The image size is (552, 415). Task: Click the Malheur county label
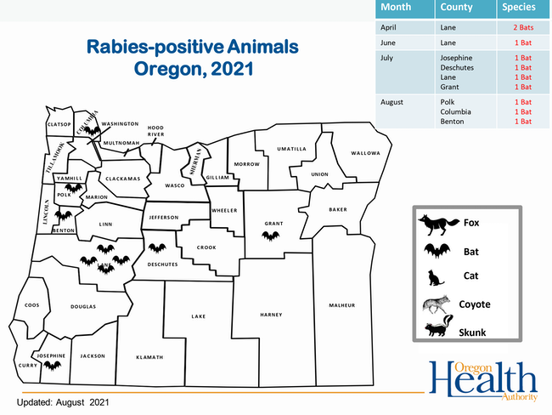click(342, 305)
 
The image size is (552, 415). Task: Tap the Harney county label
click(271, 315)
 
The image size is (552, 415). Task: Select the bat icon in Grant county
click(271, 236)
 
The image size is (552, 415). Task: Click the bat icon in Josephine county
click(53, 366)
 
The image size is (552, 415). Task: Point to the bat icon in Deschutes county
click(157, 247)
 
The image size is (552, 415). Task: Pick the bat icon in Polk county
click(74, 188)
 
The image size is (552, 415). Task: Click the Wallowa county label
click(365, 153)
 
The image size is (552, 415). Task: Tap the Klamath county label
click(149, 357)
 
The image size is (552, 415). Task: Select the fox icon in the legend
click(438, 225)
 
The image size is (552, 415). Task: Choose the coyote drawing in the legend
click(437, 304)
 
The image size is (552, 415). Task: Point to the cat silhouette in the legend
click(436, 278)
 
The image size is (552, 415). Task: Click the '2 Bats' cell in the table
click(523, 27)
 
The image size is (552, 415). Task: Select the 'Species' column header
click(519, 7)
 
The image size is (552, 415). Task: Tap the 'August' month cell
click(391, 102)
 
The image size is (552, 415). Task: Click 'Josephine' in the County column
click(456, 58)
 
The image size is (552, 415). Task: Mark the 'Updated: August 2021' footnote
click(63, 402)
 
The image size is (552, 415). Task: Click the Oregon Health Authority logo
click(483, 381)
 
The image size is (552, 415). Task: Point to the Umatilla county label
click(291, 149)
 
